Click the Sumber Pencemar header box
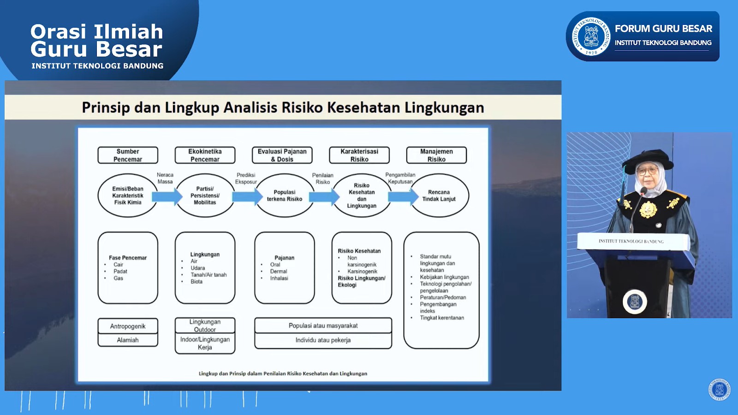tap(128, 155)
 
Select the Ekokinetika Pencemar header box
tap(205, 155)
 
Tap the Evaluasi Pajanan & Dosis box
tap(282, 155)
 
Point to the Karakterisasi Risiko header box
tap(359, 155)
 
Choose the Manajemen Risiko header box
tap(436, 155)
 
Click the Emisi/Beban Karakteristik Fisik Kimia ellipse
tap(128, 196)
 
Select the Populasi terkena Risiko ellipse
tap(285, 196)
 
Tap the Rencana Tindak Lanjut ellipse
tap(439, 196)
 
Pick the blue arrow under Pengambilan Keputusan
tap(403, 197)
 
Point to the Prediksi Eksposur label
tap(246, 178)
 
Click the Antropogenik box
tap(128, 326)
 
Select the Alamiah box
tap(128, 340)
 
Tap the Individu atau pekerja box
tap(323, 340)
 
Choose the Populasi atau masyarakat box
tap(323, 326)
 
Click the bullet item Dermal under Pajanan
tap(279, 272)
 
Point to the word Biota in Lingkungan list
tap(196, 282)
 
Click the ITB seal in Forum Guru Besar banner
tap(591, 36)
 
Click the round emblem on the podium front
tap(635, 302)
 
